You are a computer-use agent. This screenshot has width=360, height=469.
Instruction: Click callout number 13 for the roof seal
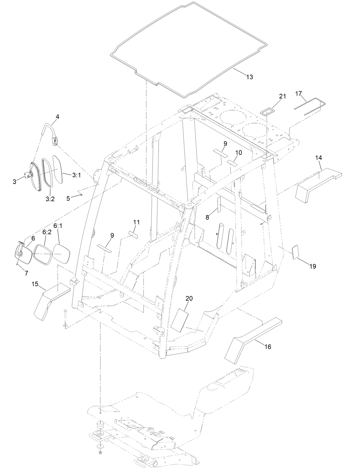250,77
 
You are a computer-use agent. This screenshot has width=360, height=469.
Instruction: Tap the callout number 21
282,96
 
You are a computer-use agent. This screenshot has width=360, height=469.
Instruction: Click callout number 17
298,94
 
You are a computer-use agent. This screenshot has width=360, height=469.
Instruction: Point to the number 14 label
319,158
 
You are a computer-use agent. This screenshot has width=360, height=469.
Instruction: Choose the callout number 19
312,266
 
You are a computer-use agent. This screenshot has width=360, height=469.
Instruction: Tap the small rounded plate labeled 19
296,252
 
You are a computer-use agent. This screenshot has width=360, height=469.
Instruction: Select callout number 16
268,347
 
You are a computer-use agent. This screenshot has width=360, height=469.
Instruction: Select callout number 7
26,273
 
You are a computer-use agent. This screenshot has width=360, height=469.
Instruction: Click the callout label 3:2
50,199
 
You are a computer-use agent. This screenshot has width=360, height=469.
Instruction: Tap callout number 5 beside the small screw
68,198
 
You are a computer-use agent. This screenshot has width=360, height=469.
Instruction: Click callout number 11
136,222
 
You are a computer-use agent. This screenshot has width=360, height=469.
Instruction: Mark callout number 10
238,153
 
